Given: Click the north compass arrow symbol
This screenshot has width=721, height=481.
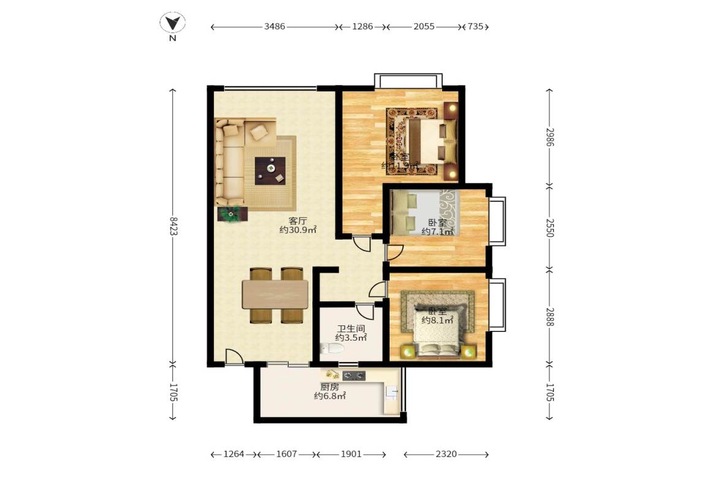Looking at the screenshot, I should tap(173, 24).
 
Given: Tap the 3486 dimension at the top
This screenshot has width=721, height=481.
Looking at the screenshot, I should tap(274, 27).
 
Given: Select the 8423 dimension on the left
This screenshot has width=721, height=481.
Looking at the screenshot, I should tap(173, 225).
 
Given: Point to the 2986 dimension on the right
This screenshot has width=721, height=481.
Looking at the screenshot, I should tap(549, 137).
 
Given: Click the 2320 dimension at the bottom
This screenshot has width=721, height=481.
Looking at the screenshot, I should tap(445, 454).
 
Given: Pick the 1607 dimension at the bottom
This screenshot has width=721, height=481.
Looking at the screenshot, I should tap(287, 454).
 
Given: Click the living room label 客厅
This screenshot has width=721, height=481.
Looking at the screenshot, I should tap(298, 221).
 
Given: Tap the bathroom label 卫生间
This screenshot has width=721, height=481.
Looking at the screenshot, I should tap(350, 328).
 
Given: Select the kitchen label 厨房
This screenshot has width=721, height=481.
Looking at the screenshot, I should tap(330, 387).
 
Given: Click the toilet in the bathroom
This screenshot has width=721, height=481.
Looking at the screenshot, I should tap(333, 349).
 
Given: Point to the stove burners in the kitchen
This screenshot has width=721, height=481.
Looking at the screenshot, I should tap(353, 376).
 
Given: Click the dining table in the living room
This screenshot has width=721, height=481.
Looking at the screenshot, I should tap(275, 294).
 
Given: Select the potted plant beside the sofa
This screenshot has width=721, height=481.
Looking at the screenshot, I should tap(232, 214).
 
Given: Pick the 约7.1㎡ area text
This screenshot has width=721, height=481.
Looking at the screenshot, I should tap(437, 232).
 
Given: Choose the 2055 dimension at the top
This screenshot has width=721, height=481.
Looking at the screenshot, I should tap(424, 27).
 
